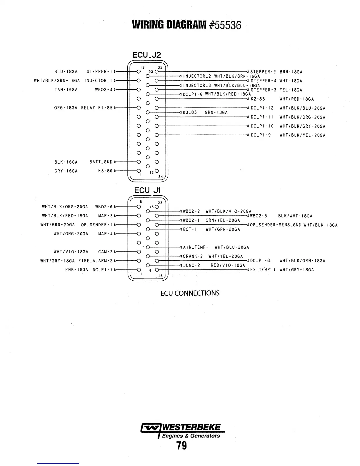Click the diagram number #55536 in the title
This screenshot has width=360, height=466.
[x=225, y=26]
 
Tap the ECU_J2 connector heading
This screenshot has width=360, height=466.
[x=147, y=55]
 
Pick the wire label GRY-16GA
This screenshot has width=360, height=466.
[x=66, y=171]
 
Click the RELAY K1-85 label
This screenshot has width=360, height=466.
[x=97, y=108]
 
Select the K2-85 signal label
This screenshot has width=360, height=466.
[x=258, y=99]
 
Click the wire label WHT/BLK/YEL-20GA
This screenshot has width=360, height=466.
[x=302, y=135]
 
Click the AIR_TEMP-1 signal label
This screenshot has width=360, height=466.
[x=197, y=247]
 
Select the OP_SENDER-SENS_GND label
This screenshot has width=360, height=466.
[x=275, y=225]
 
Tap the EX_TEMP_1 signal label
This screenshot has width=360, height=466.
[x=263, y=269]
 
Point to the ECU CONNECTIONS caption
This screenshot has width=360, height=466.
[x=190, y=293]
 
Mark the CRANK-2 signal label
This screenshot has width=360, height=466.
[x=193, y=256]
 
